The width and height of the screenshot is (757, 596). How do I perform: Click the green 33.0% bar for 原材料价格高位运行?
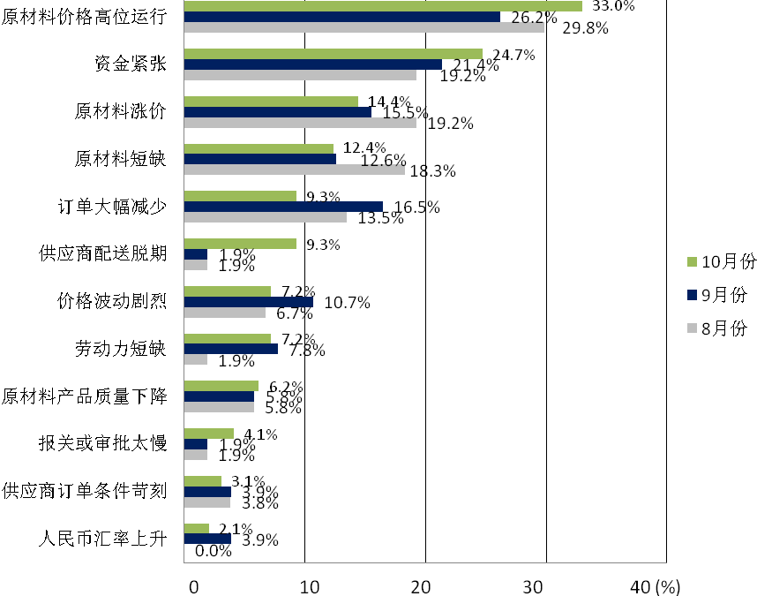383,6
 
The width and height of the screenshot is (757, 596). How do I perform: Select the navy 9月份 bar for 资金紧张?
312,64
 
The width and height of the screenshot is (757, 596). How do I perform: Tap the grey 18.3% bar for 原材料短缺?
294,170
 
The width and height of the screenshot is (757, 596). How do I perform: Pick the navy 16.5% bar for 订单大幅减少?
283,207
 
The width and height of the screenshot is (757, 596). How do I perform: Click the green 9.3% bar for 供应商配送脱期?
240,244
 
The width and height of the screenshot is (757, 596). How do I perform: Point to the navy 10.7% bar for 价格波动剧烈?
248,302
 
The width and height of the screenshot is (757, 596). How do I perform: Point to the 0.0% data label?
213,551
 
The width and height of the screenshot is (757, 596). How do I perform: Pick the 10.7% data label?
348,303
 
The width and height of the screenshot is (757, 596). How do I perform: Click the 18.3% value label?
433,171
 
